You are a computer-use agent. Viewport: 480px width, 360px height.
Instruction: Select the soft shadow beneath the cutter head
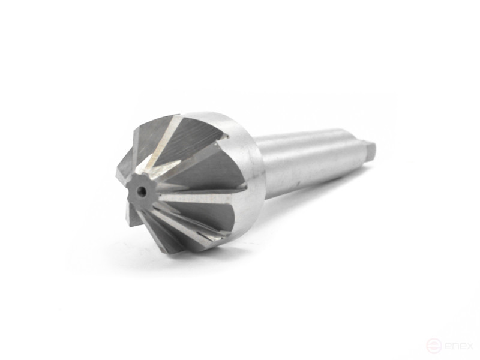point(198,264)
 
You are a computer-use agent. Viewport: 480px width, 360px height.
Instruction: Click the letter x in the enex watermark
point(470,346)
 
